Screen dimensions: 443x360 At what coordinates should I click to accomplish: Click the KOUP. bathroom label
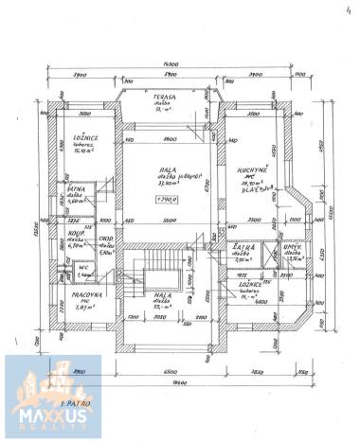(74, 232)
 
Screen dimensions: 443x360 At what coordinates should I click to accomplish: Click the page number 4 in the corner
(338, 9)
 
